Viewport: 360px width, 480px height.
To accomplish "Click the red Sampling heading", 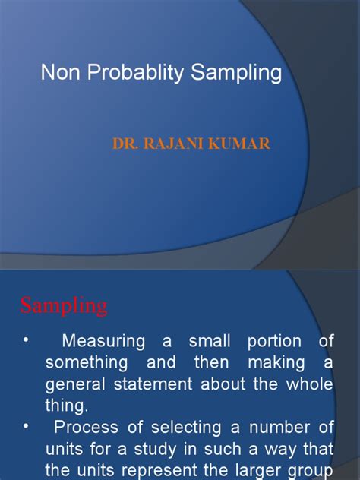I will click(x=64, y=307).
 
